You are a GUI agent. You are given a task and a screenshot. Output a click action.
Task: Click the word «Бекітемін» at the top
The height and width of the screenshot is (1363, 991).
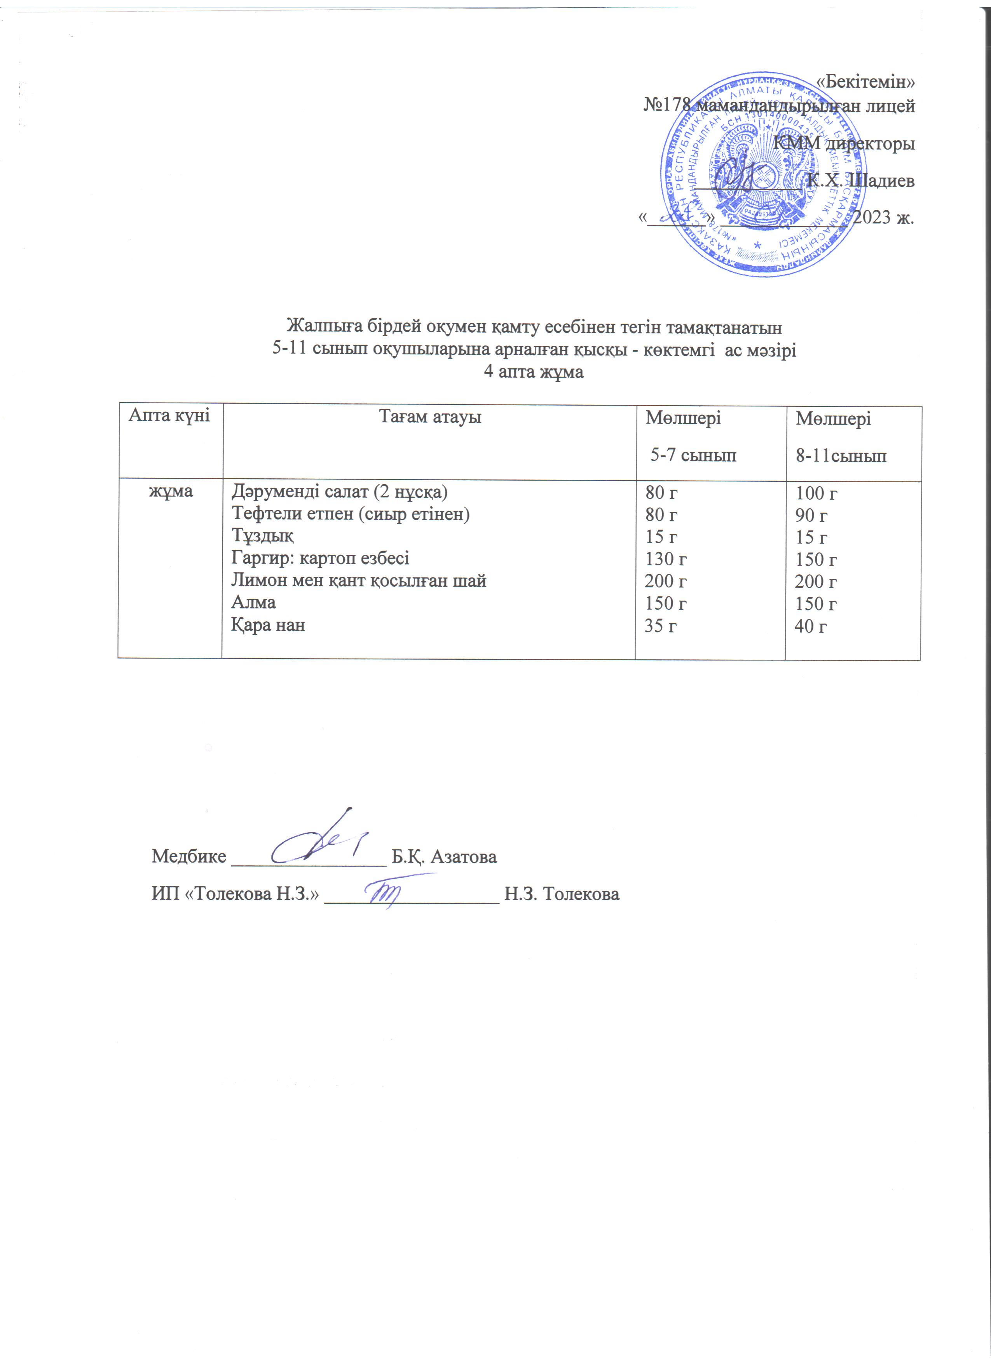click(x=867, y=81)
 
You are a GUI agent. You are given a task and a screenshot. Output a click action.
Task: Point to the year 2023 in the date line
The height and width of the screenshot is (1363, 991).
click(x=871, y=217)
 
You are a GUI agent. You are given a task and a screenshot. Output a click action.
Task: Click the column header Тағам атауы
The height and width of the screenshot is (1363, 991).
click(x=430, y=417)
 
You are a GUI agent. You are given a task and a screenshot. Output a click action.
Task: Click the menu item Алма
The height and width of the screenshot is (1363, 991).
click(x=254, y=602)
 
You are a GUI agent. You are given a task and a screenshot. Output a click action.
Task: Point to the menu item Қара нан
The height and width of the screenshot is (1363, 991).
click(x=268, y=625)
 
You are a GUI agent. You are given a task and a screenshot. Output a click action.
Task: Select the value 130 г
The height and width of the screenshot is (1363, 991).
click(x=666, y=559)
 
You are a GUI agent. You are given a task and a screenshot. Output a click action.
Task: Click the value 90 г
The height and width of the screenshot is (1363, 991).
click(x=811, y=515)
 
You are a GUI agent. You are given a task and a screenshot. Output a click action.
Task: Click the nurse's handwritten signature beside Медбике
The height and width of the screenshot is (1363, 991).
click(x=319, y=839)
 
